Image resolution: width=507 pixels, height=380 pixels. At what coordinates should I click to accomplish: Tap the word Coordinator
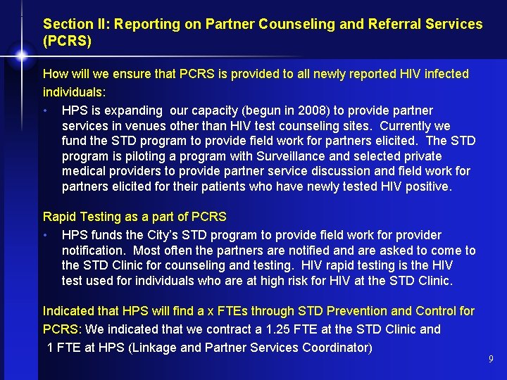click(x=334, y=347)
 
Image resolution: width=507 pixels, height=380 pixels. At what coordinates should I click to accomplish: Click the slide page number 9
click(x=491, y=360)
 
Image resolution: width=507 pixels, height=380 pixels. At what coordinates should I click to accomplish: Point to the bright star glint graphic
click(x=21, y=55)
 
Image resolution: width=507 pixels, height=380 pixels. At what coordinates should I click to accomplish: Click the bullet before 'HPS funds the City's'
click(x=45, y=235)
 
